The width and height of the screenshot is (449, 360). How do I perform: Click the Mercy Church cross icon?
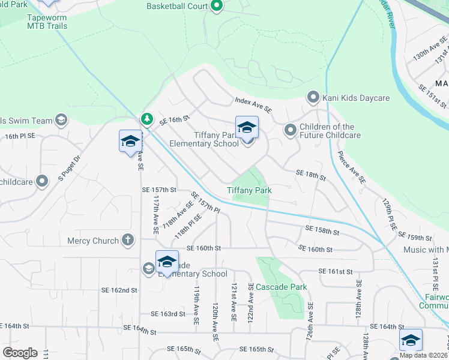coord(127,241)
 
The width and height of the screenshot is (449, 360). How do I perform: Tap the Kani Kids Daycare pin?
coord(312,97)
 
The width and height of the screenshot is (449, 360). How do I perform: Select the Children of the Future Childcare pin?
coord(290,130)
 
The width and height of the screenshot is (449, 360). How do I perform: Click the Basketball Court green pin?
coord(217,7)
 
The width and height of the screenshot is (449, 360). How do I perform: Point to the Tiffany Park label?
coord(249,190)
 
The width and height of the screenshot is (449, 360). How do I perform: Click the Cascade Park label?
coord(282,287)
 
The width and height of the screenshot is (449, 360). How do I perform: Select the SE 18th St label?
coord(310,175)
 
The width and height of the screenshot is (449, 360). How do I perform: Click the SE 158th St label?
coord(322,229)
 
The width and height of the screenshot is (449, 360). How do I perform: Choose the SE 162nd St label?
coord(121,290)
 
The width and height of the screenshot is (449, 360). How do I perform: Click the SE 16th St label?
coord(175,119)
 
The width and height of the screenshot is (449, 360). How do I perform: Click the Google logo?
coord(20,353)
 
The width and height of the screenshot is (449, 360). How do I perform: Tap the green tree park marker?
coord(146,119)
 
